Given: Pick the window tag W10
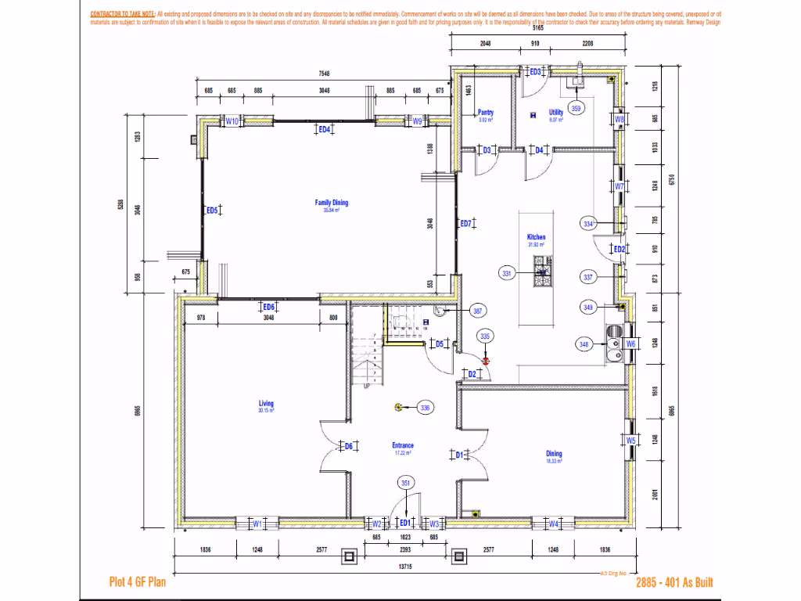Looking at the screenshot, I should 232,121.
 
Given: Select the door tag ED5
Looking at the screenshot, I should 211,210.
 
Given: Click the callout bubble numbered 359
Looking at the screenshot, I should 576,109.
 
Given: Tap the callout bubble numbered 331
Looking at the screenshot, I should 507,273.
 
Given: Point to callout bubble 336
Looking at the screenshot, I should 425,408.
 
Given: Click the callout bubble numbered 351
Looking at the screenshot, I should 406,483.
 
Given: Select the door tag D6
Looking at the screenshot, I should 349,446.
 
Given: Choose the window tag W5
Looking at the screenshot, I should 630,441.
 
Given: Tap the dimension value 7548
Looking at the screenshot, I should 324,74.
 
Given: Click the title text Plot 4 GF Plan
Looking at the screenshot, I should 137,582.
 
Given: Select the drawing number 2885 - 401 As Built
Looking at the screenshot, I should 674,582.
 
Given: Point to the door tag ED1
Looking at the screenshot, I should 404,523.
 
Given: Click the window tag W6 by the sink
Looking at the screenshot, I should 630,344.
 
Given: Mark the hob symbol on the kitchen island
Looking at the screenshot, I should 541,273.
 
